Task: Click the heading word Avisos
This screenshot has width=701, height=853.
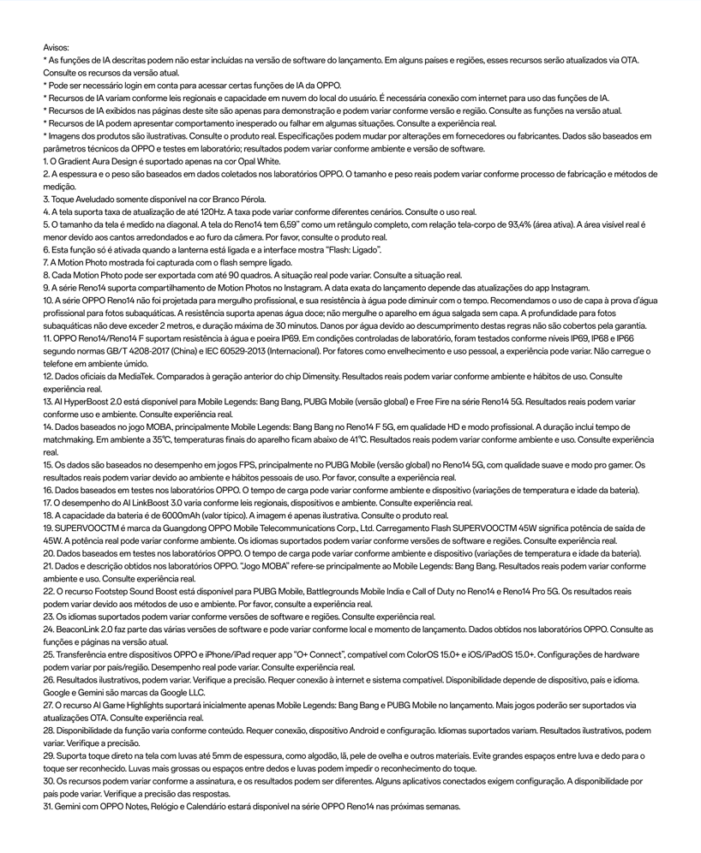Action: pyautogui.click(x=56, y=48)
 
